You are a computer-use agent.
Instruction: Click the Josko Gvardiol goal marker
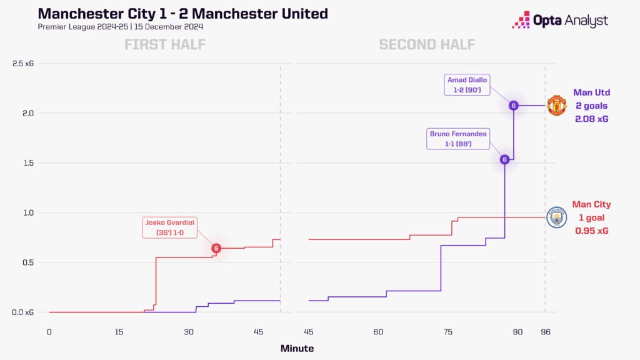point(216,248)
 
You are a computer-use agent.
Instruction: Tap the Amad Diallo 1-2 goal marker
point(513,106)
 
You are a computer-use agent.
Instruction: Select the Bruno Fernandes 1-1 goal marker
point(504,159)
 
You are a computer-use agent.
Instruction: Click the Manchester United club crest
point(556,106)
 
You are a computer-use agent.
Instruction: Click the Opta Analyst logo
point(559,21)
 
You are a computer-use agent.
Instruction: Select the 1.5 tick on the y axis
point(27,163)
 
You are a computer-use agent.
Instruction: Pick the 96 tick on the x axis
point(545,331)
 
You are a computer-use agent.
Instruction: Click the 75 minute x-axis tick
point(447,331)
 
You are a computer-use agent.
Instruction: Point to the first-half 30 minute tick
point(189,331)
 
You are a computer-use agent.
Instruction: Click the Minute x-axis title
point(297,349)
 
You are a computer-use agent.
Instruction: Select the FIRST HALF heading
point(165,44)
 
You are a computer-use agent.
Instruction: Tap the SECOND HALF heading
point(427,44)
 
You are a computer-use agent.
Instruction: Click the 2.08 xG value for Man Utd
point(591,118)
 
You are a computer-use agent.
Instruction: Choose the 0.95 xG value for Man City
point(591,231)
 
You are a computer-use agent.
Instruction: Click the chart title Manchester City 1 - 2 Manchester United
point(182,14)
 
